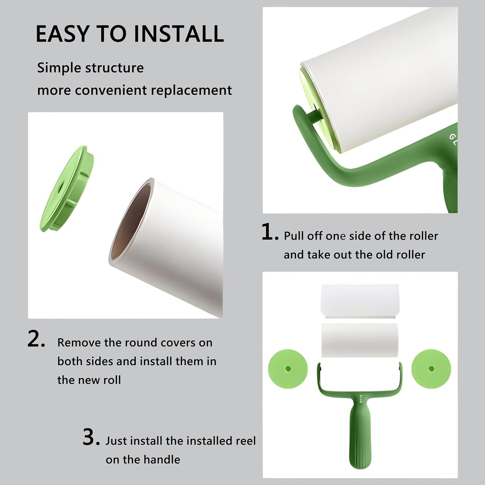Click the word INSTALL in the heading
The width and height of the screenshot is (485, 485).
pos(178,34)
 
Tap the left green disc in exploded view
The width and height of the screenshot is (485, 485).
pos(288,369)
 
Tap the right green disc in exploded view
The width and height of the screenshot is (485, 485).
pos(431,369)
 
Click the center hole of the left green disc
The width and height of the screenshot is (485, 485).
pos(288,369)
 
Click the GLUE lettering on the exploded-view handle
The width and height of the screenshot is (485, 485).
pos(361,399)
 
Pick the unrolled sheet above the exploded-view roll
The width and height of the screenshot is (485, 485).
pos(360,301)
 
